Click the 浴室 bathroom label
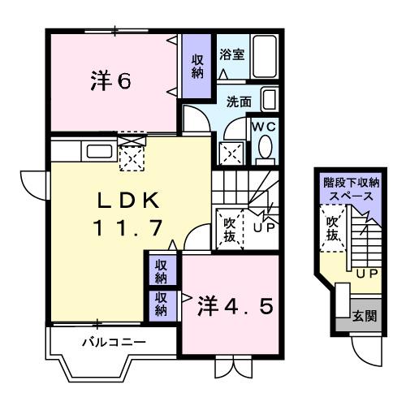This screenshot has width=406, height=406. [x=232, y=55]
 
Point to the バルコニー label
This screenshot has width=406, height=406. [x=114, y=342]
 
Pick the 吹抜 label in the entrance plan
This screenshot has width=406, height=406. [x=331, y=227]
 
